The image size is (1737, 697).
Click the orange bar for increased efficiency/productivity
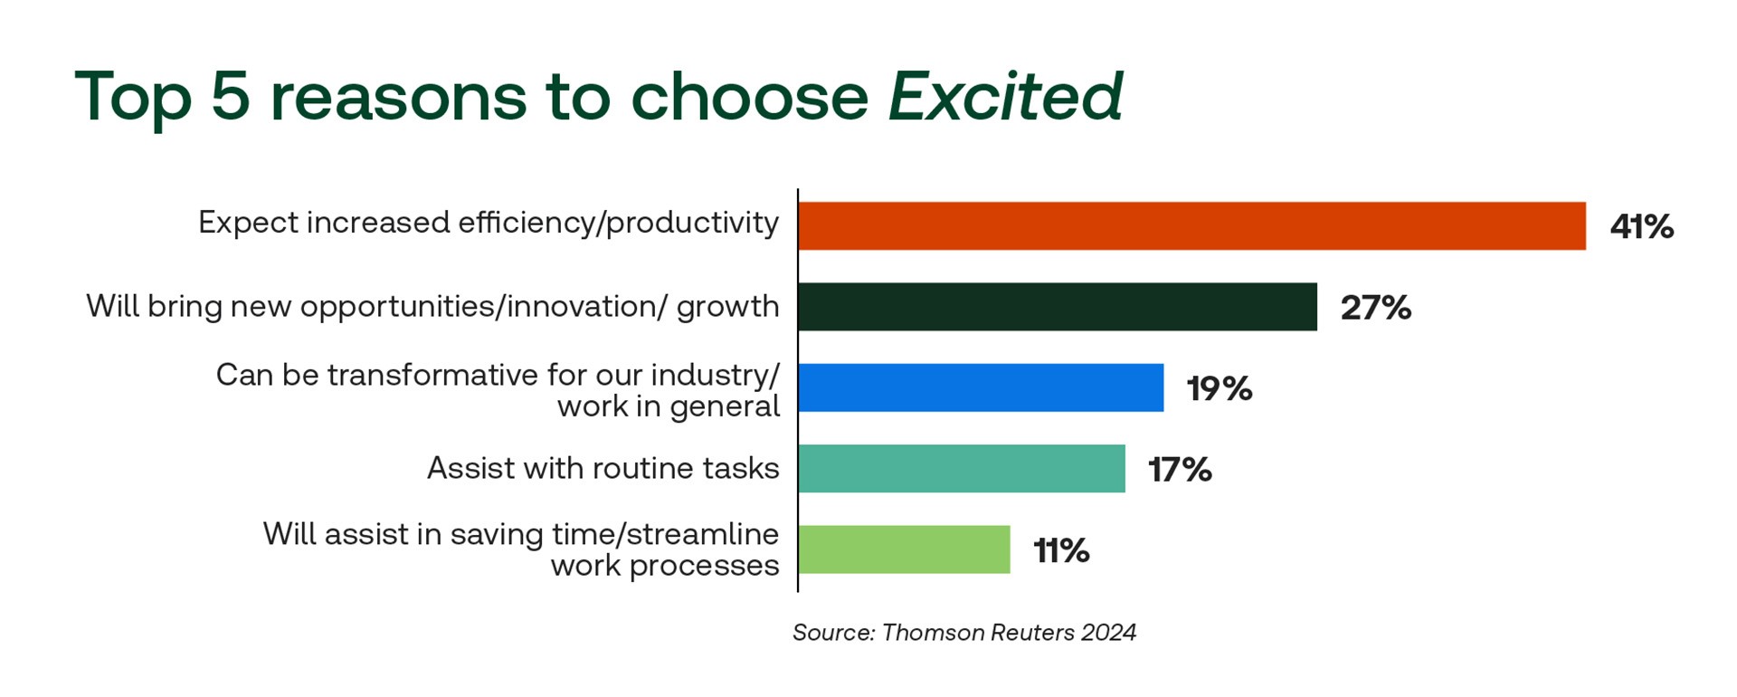tap(1192, 226)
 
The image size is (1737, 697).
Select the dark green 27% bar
tap(1058, 307)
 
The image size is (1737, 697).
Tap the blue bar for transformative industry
tap(981, 388)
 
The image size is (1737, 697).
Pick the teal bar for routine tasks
tap(962, 469)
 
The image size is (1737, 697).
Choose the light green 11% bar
tap(904, 549)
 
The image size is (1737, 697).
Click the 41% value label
tap(1641, 226)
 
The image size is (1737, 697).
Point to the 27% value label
tap(1375, 308)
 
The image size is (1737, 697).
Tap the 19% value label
tap(1220, 388)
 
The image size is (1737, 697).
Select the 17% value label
tap(1180, 470)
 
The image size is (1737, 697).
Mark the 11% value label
tap(1061, 550)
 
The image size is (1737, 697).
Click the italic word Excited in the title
tap(1005, 96)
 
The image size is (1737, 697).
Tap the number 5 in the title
tap(230, 96)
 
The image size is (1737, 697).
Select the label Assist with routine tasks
tap(603, 468)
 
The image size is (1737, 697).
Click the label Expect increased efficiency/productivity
tap(489, 223)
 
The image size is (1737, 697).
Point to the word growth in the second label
tap(727, 307)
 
